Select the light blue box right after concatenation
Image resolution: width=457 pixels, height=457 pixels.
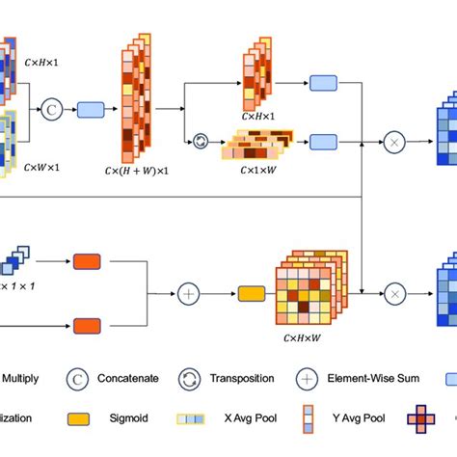point(91,109)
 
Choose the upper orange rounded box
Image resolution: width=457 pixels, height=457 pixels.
point(87,261)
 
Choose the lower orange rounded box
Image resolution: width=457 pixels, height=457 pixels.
point(87,326)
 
